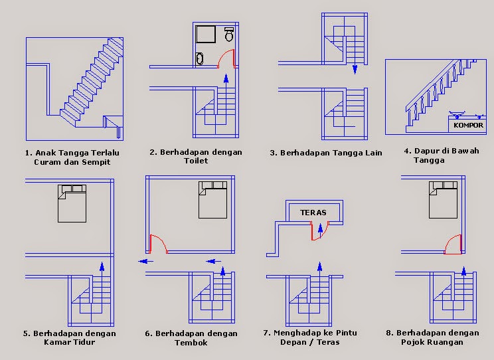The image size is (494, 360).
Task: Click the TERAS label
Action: [x=312, y=213]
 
